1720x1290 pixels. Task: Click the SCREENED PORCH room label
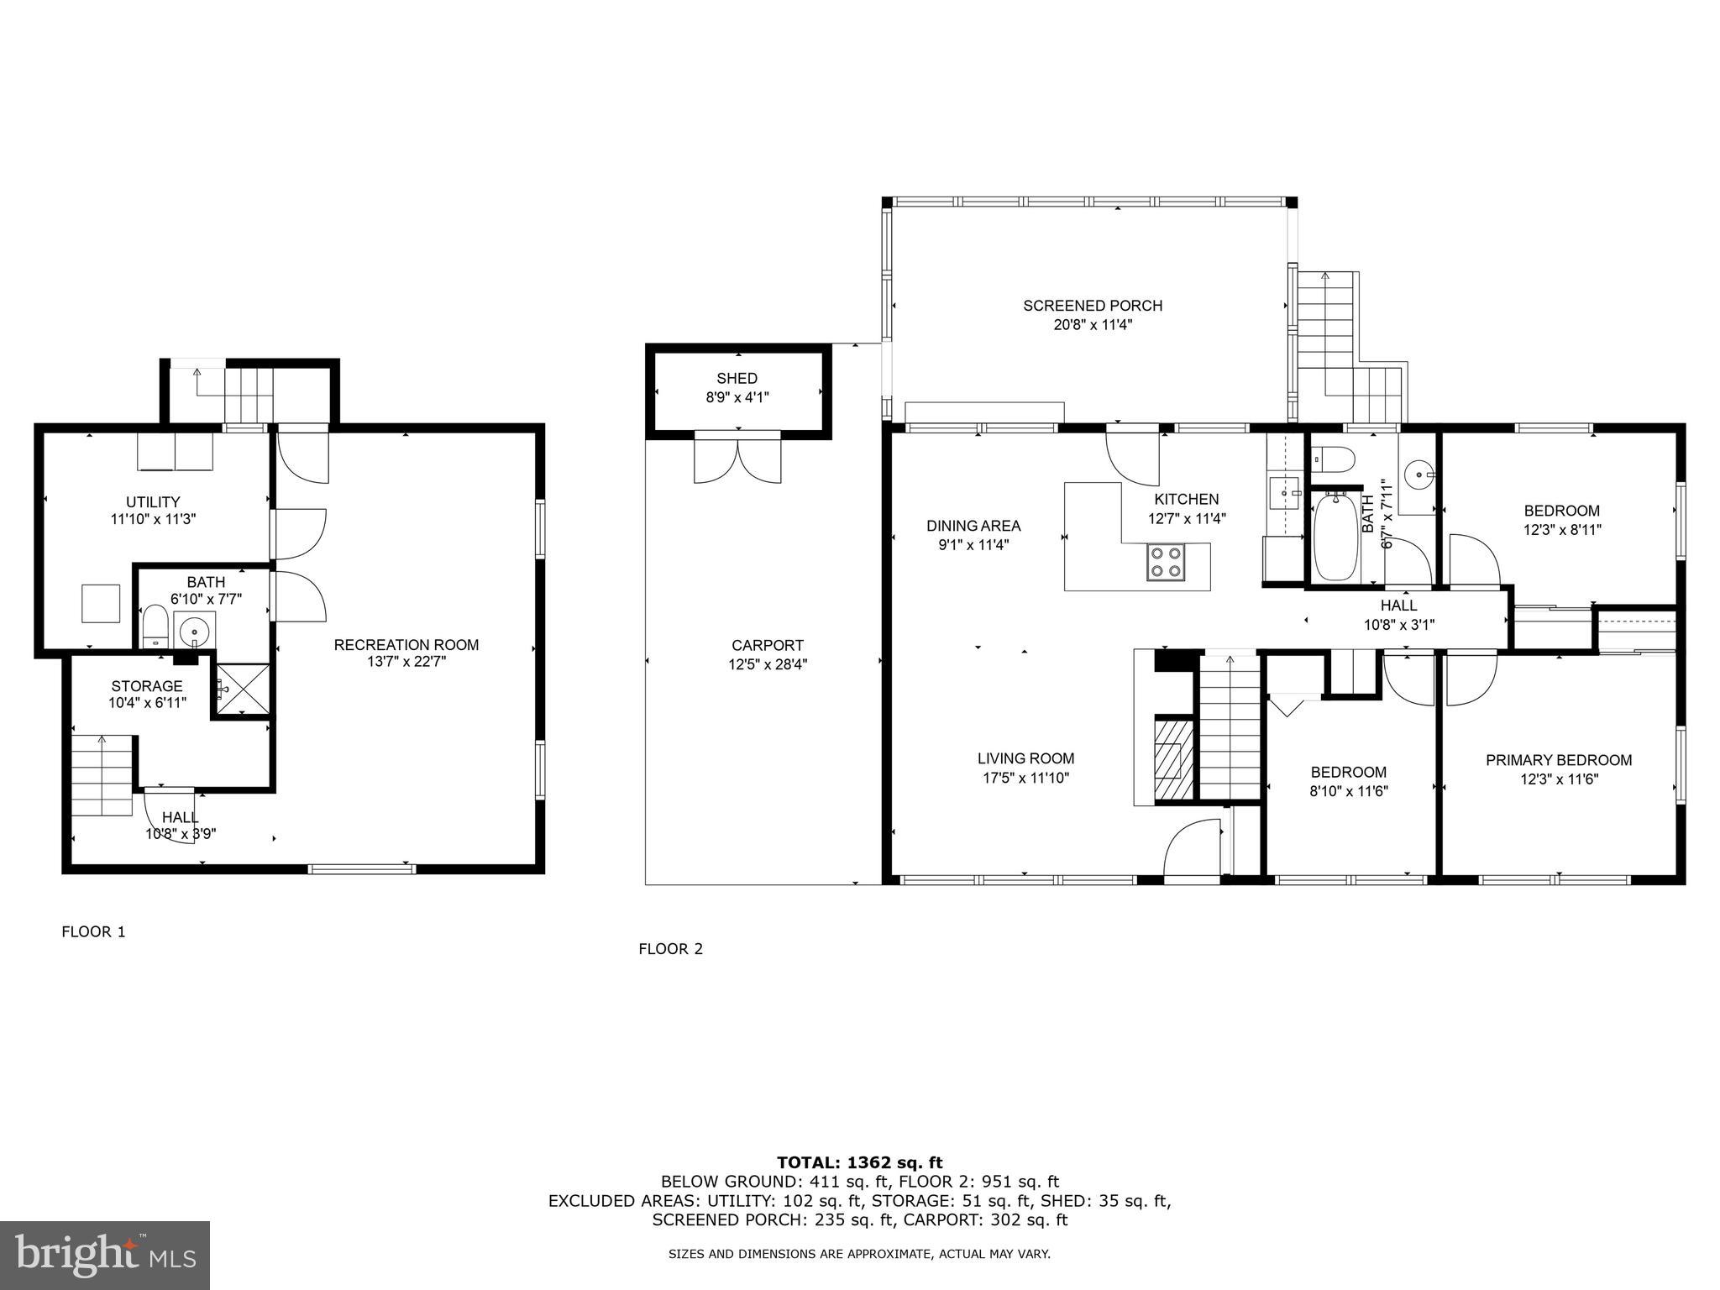pos(1093,306)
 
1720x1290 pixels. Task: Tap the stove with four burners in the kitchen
pos(1166,562)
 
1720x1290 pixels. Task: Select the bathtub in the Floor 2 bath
pos(1335,537)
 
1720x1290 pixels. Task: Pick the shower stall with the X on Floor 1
pos(242,690)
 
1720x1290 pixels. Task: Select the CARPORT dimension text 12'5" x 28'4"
pos(767,664)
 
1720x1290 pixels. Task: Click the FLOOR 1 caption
pos(93,931)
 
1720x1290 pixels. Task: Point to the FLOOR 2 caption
pos(670,949)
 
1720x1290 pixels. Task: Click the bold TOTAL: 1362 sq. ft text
pos(859,1162)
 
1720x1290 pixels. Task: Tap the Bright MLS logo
pos(105,1256)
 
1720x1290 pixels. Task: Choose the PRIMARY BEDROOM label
pos(1559,760)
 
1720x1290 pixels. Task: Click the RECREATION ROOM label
pos(406,645)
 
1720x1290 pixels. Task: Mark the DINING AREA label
pos(973,526)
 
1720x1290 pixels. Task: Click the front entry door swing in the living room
pos(1191,850)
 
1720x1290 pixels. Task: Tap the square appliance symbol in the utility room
pos(101,603)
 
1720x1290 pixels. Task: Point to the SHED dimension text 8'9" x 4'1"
pos(737,397)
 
